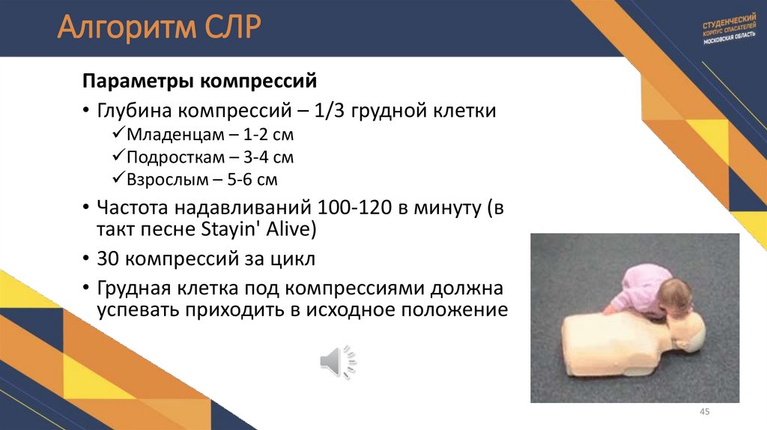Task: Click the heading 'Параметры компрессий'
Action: click(200, 80)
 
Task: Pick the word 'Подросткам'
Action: click(174, 158)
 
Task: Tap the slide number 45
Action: click(703, 413)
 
